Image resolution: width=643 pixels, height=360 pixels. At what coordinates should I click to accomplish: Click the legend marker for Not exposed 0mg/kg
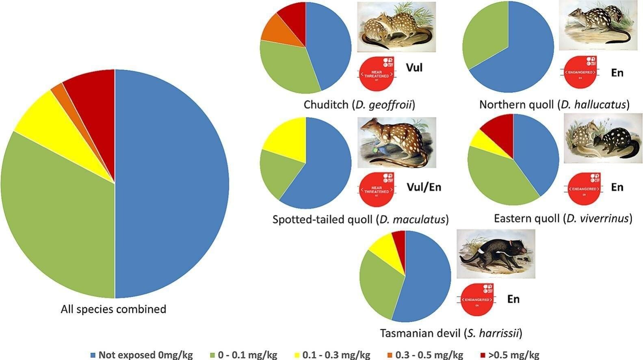click(93, 355)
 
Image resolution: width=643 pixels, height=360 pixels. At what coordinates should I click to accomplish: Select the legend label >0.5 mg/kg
click(513, 355)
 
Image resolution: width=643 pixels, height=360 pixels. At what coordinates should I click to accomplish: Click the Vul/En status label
click(424, 187)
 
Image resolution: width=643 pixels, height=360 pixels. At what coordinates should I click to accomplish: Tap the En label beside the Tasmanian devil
click(513, 299)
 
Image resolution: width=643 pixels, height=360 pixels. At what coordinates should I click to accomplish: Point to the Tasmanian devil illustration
click(496, 254)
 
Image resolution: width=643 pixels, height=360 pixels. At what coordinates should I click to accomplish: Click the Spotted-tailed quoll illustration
click(397, 143)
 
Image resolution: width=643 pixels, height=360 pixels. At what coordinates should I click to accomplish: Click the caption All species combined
click(113, 309)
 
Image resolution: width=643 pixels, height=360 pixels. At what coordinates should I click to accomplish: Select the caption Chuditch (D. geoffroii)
click(359, 105)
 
